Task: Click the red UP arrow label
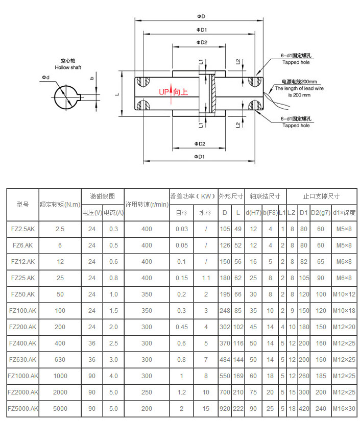tap(173, 92)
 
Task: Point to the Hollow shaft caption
tap(68, 67)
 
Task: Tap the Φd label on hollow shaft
tap(46, 78)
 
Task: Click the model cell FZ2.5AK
tap(22, 229)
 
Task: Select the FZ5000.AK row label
tap(22, 409)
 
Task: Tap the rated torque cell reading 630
tap(60, 360)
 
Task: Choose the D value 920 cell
tap(225, 409)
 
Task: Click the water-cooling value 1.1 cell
tap(206, 278)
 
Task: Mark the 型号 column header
tap(22, 204)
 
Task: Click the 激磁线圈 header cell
tap(102, 196)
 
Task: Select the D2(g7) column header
tap(320, 212)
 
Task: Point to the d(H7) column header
tap(253, 212)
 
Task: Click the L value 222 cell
tap(238, 409)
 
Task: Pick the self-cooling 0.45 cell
tap(182, 327)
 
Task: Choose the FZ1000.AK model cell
tap(22, 376)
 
